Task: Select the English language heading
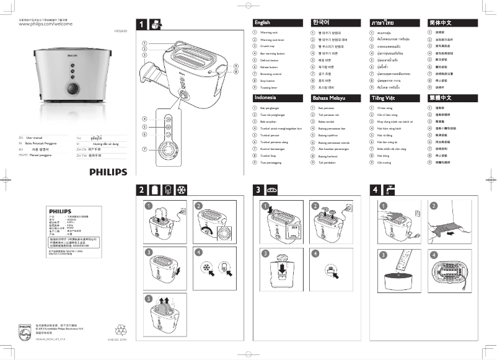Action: point(262,22)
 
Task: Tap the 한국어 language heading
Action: point(322,22)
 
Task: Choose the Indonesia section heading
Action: point(265,98)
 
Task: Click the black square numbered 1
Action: point(142,25)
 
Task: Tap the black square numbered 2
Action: point(142,190)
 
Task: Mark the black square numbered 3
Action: point(257,190)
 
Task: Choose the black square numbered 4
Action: point(374,190)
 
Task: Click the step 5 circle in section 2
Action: point(149,299)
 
